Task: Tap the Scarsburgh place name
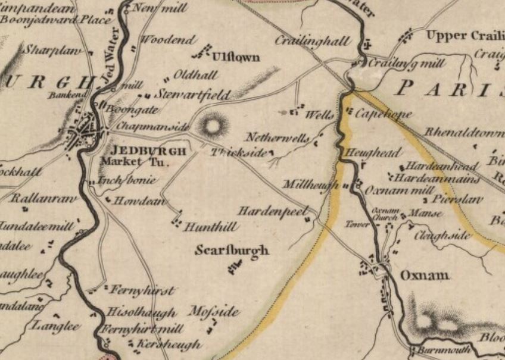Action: [232, 251]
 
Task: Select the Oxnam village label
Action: [425, 276]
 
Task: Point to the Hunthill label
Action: [211, 227]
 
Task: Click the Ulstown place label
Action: [236, 57]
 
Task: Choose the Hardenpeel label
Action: [273, 211]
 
